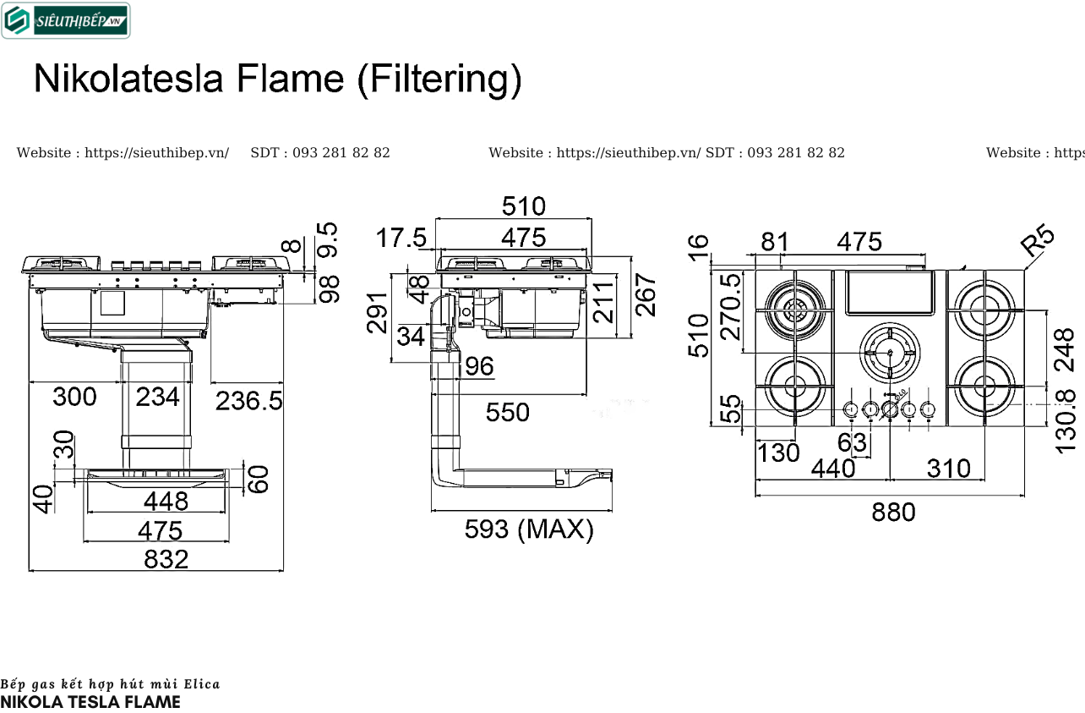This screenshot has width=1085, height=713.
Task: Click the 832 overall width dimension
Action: pyautogui.click(x=166, y=559)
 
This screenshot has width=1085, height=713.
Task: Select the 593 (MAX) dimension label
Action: pyautogui.click(x=529, y=529)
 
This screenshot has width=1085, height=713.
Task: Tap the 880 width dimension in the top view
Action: pyautogui.click(x=893, y=512)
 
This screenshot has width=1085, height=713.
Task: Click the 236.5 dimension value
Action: pyautogui.click(x=248, y=400)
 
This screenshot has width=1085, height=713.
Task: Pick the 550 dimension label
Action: pyautogui.click(x=507, y=412)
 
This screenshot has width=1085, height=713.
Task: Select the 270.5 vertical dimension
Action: pyautogui.click(x=729, y=305)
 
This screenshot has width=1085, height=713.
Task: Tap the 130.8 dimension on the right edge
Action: pyautogui.click(x=1066, y=420)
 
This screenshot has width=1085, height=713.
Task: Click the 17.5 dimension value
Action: pyautogui.click(x=401, y=239)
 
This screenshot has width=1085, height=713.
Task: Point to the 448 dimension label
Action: pyautogui.click(x=166, y=502)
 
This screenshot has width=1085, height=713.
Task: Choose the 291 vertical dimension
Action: pyautogui.click(x=378, y=312)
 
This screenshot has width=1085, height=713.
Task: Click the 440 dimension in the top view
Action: pyautogui.click(x=832, y=468)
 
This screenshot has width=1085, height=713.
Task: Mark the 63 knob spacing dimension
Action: pyautogui.click(x=852, y=442)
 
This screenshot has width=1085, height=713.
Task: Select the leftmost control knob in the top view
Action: pyautogui.click(x=851, y=410)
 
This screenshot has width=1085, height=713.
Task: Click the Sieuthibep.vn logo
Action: pyautogui.click(x=66, y=21)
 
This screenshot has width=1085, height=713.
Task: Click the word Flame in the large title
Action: pyautogui.click(x=290, y=80)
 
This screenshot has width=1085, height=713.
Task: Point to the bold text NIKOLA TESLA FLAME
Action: pyautogui.click(x=90, y=702)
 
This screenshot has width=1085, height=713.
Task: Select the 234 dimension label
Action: pyautogui.click(x=157, y=396)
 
